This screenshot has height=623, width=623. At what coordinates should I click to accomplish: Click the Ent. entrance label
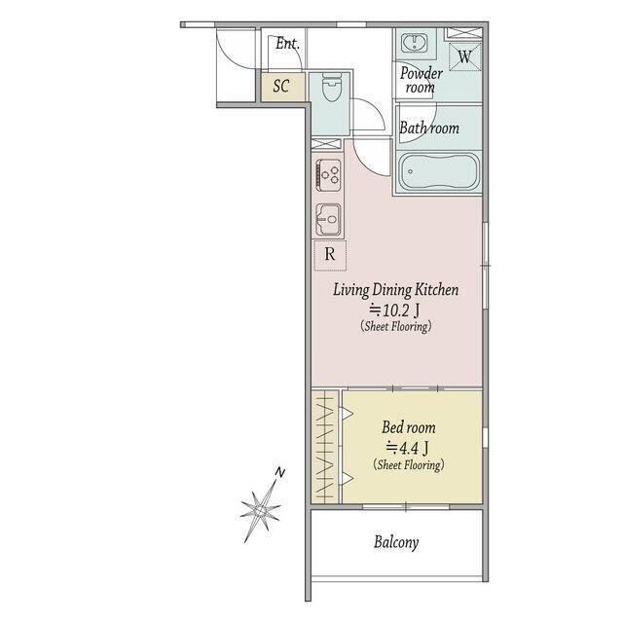tap(287, 43)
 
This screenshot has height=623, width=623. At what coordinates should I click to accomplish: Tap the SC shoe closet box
tap(283, 87)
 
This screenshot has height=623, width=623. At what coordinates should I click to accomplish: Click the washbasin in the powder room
tap(414, 43)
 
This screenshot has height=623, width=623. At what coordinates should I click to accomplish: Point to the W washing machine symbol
tap(465, 56)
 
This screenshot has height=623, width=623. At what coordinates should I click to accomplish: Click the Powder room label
tap(421, 80)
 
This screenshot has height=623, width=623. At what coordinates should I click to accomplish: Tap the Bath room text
tap(429, 128)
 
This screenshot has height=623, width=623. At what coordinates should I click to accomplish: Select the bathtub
tap(438, 172)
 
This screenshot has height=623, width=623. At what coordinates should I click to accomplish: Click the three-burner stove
tap(328, 174)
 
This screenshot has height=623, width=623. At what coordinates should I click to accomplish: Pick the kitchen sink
tap(328, 219)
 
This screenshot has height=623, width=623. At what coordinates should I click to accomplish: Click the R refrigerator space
tap(330, 255)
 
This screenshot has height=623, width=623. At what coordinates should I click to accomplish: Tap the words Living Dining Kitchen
tap(396, 290)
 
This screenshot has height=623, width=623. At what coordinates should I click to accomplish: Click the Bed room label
tap(409, 427)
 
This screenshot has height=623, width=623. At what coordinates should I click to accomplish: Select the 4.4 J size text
tap(407, 448)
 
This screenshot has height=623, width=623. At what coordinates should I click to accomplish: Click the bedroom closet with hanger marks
tap(324, 448)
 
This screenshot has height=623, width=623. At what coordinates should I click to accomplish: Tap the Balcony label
tap(396, 542)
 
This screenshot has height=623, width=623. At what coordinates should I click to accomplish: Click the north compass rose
tap(260, 508)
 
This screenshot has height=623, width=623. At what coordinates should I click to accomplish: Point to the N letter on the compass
tap(280, 472)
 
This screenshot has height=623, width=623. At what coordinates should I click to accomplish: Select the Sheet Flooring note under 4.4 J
tap(409, 465)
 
